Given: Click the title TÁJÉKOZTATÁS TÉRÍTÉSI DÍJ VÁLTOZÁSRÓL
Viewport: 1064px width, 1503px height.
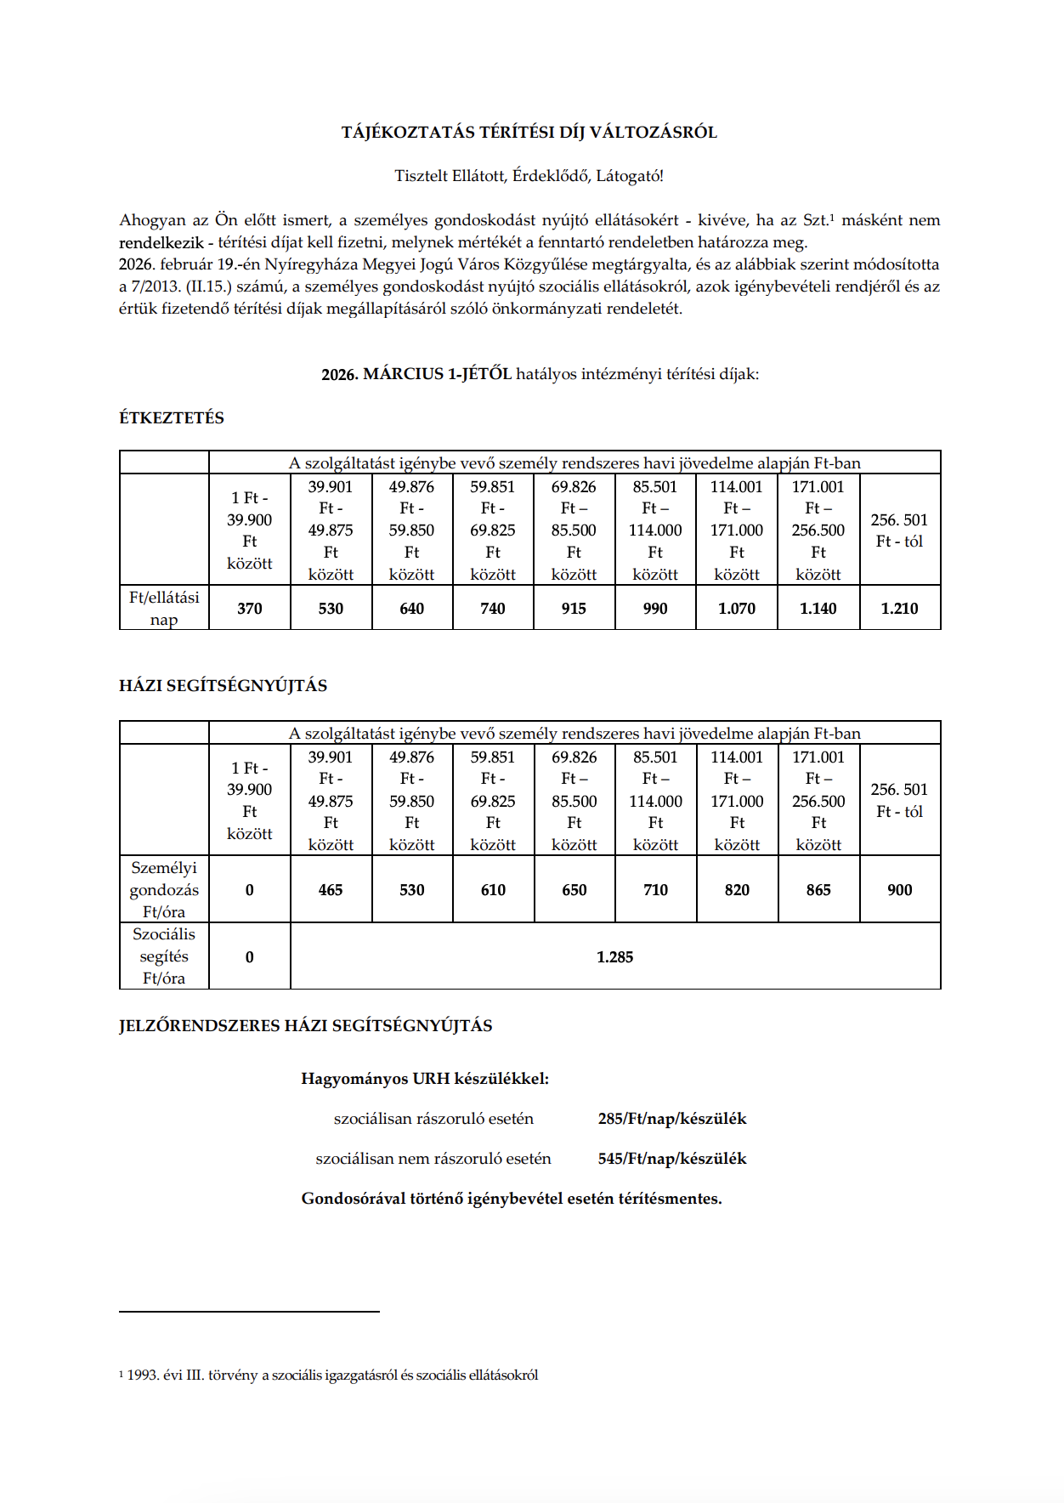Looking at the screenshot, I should tap(529, 133).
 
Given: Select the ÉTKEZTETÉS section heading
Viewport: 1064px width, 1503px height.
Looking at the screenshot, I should tap(172, 418).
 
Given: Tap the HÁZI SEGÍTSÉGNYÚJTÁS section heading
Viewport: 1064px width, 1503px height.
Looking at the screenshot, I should tap(223, 686).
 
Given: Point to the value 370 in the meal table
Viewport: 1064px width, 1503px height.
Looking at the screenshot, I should tap(250, 609).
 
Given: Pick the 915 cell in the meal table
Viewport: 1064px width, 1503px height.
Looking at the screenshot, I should tap(574, 609).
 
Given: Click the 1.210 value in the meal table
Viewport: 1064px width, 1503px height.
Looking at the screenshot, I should tap(899, 609).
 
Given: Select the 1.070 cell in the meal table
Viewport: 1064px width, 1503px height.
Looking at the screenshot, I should tap(736, 609).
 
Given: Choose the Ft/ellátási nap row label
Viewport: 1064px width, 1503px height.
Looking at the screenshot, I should tap(164, 609).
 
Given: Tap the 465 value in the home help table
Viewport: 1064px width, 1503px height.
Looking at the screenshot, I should tap(331, 890).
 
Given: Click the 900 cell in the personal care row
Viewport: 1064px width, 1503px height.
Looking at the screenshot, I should tap(899, 890).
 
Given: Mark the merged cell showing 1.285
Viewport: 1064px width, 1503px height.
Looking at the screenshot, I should tap(614, 957).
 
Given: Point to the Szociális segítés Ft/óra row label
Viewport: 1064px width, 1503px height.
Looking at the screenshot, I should tap(164, 956).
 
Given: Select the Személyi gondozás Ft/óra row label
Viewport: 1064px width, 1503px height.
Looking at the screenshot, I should tap(164, 890).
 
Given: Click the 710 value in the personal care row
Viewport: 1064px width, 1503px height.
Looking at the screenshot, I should tap(655, 890).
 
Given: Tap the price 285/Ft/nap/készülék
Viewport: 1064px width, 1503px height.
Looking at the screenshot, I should tap(671, 1119).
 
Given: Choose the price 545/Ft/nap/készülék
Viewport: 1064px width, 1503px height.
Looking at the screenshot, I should tap(671, 1159).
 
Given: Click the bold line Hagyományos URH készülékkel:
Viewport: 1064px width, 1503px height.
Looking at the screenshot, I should tap(425, 1079).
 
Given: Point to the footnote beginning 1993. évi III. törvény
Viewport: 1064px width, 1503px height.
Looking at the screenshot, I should tap(331, 1375).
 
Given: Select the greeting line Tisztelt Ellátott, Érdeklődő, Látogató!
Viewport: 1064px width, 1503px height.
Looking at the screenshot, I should tap(529, 177).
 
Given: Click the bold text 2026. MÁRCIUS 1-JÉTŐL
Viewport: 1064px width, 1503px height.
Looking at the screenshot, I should tap(416, 374).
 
